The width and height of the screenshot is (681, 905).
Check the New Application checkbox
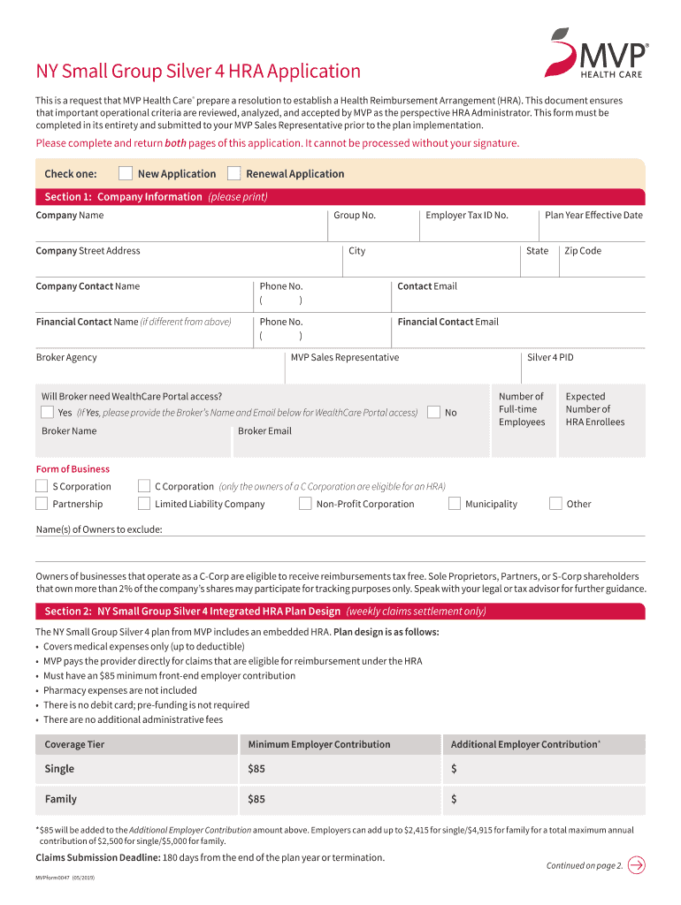(x=126, y=173)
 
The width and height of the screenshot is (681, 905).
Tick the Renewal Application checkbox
(x=234, y=173)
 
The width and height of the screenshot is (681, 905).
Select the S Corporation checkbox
(x=42, y=486)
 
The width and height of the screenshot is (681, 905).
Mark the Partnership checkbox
(x=42, y=504)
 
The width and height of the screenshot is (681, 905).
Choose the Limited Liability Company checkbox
(x=144, y=504)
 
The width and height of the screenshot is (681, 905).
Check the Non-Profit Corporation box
(x=305, y=504)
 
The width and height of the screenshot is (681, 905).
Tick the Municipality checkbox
(x=455, y=504)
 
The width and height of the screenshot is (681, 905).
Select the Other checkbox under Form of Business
(x=555, y=504)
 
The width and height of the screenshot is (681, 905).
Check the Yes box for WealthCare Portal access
(x=48, y=413)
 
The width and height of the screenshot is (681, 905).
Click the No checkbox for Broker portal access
(x=433, y=413)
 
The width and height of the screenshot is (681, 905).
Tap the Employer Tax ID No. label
(x=466, y=215)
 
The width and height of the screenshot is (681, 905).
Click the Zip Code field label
(x=583, y=251)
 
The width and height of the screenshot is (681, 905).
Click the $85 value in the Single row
(x=256, y=769)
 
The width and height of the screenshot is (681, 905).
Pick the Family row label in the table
(x=61, y=799)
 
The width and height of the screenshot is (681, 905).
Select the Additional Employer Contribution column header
(x=524, y=744)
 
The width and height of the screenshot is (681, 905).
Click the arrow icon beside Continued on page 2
(x=636, y=865)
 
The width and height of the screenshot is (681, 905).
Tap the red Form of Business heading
(x=73, y=468)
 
